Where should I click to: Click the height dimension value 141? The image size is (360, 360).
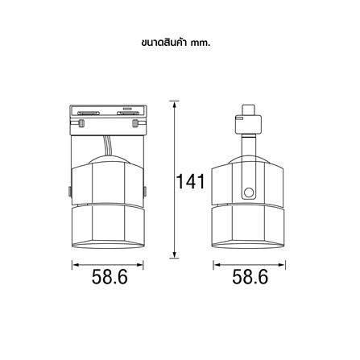point(190,182)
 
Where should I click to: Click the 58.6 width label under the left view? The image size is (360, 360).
point(110,277)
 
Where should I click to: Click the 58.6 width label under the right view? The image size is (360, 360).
point(250,277)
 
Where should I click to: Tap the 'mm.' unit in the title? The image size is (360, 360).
point(201,43)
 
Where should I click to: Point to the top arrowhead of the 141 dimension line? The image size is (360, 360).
point(174,105)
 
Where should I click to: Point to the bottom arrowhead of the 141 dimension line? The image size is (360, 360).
point(174,254)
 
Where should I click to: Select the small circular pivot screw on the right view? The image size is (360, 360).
point(249,192)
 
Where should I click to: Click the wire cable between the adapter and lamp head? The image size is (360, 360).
point(107,146)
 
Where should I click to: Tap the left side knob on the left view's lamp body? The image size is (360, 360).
point(69,191)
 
